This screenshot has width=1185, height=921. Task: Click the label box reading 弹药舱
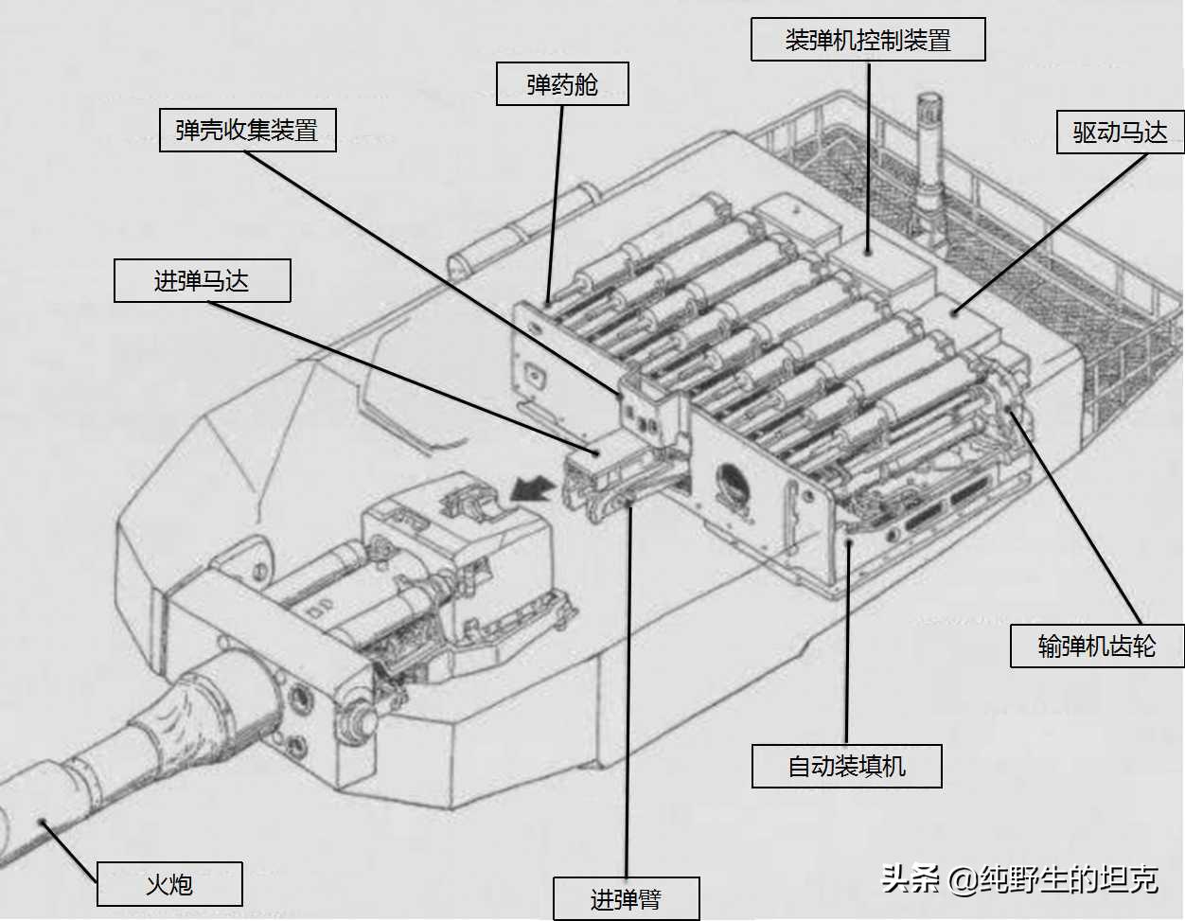click(x=562, y=83)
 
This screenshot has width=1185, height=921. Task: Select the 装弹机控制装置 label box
click(x=868, y=39)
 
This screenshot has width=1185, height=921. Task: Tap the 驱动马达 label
click(x=1121, y=132)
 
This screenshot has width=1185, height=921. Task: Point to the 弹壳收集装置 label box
click(x=248, y=130)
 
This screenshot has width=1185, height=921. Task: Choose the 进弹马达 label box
click(x=203, y=281)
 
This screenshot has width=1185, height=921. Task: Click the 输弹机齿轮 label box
click(x=1097, y=646)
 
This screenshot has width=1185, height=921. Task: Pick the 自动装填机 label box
click(x=847, y=766)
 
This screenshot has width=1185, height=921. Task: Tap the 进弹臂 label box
click(x=626, y=899)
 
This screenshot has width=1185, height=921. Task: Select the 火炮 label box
click(x=169, y=884)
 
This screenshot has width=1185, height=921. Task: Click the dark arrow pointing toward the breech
click(x=532, y=487)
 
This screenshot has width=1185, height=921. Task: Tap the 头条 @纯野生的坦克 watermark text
click(x=1019, y=879)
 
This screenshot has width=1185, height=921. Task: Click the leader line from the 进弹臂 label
click(x=628, y=690)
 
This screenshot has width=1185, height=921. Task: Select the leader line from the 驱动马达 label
click(x=1051, y=234)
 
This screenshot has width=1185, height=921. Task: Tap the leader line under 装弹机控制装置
click(x=868, y=157)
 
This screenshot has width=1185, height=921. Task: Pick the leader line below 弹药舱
click(x=556, y=203)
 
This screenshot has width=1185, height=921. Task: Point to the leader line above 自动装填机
click(x=847, y=644)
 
